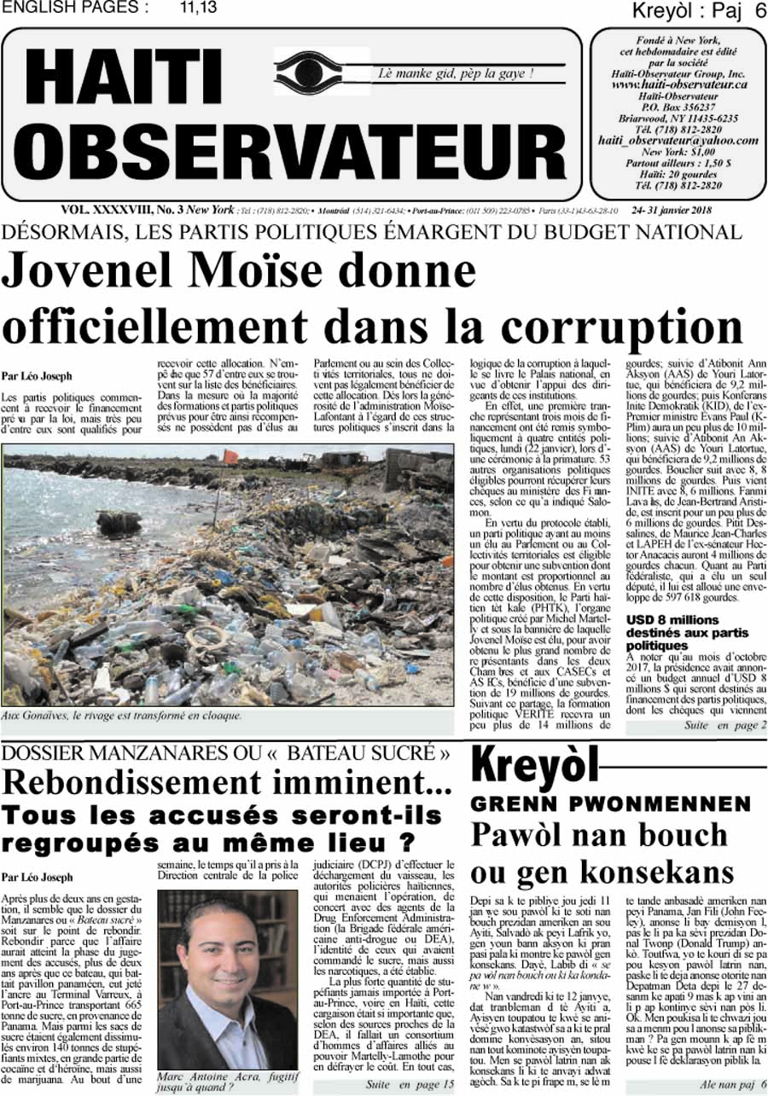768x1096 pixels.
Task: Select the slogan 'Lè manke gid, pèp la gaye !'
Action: pyautogui.click(x=457, y=73)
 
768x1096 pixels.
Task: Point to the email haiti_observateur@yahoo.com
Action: pyautogui.click(x=678, y=140)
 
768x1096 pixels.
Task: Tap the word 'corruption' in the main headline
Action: pyautogui.click(x=627, y=327)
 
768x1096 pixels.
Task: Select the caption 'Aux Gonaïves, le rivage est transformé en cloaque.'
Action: pyautogui.click(x=122, y=716)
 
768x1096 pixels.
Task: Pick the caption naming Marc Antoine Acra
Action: pyautogui.click(x=223, y=1081)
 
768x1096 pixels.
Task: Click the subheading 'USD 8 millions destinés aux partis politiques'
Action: pyautogui.click(x=687, y=633)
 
